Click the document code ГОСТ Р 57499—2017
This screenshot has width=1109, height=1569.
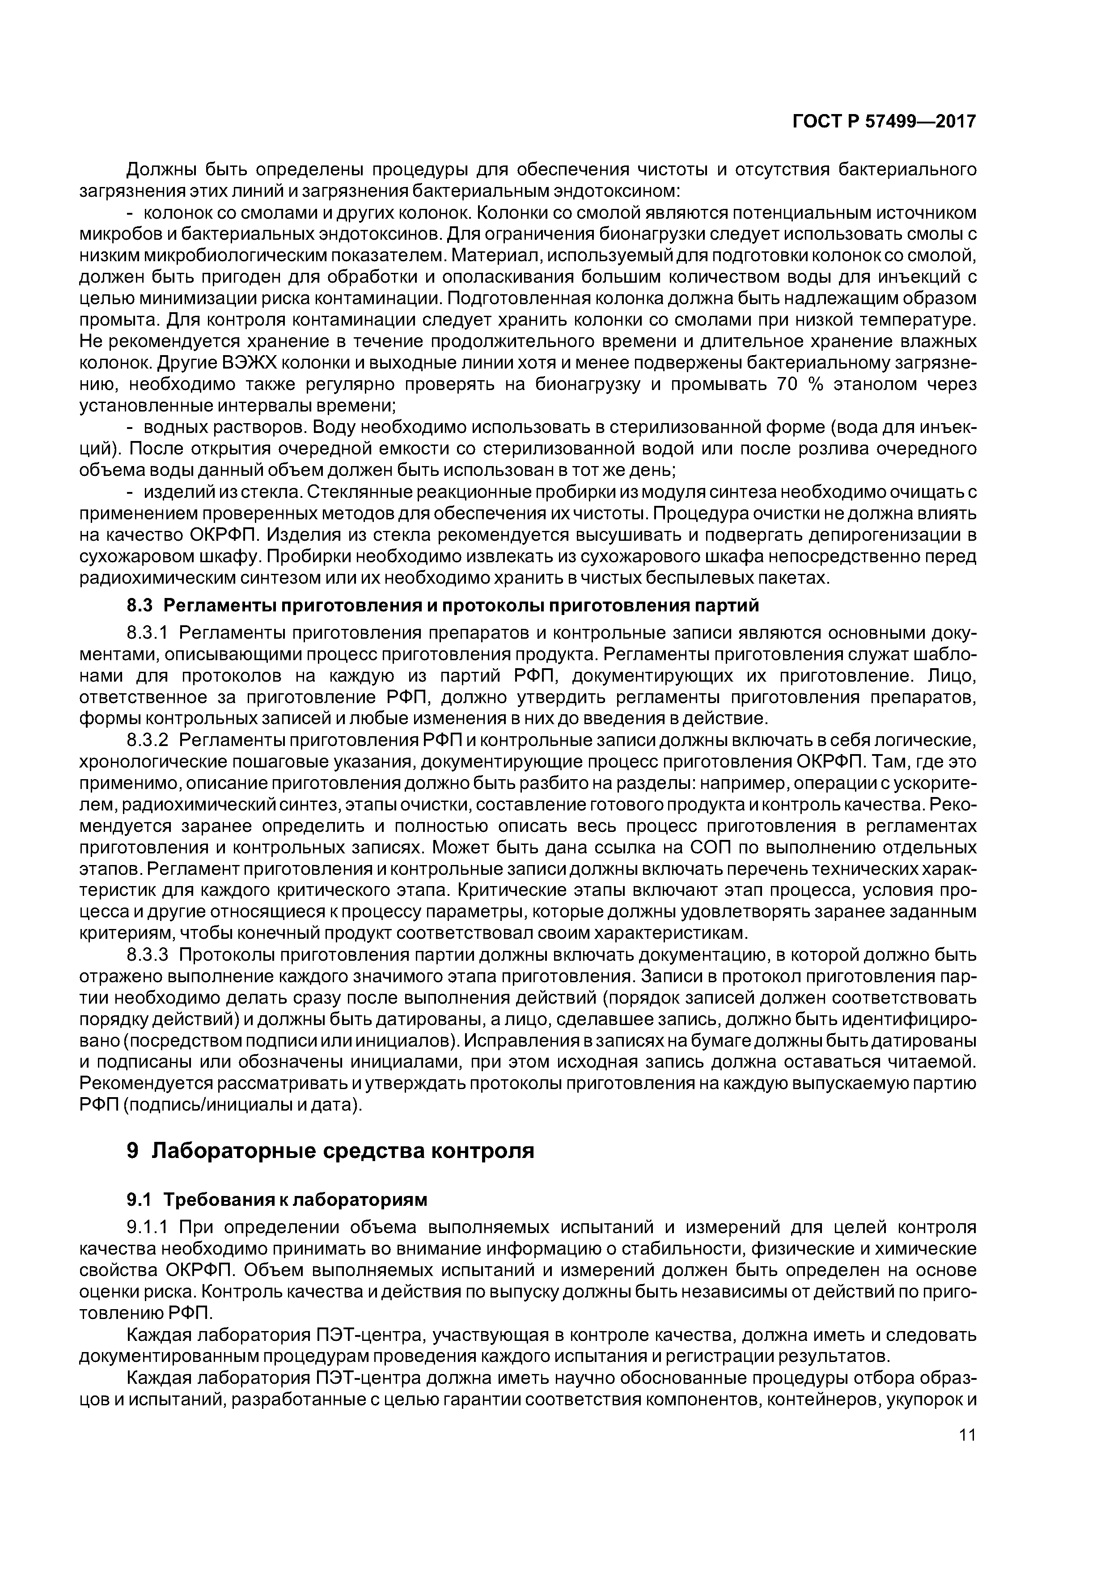click(884, 122)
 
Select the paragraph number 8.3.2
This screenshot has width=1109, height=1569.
click(147, 740)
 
